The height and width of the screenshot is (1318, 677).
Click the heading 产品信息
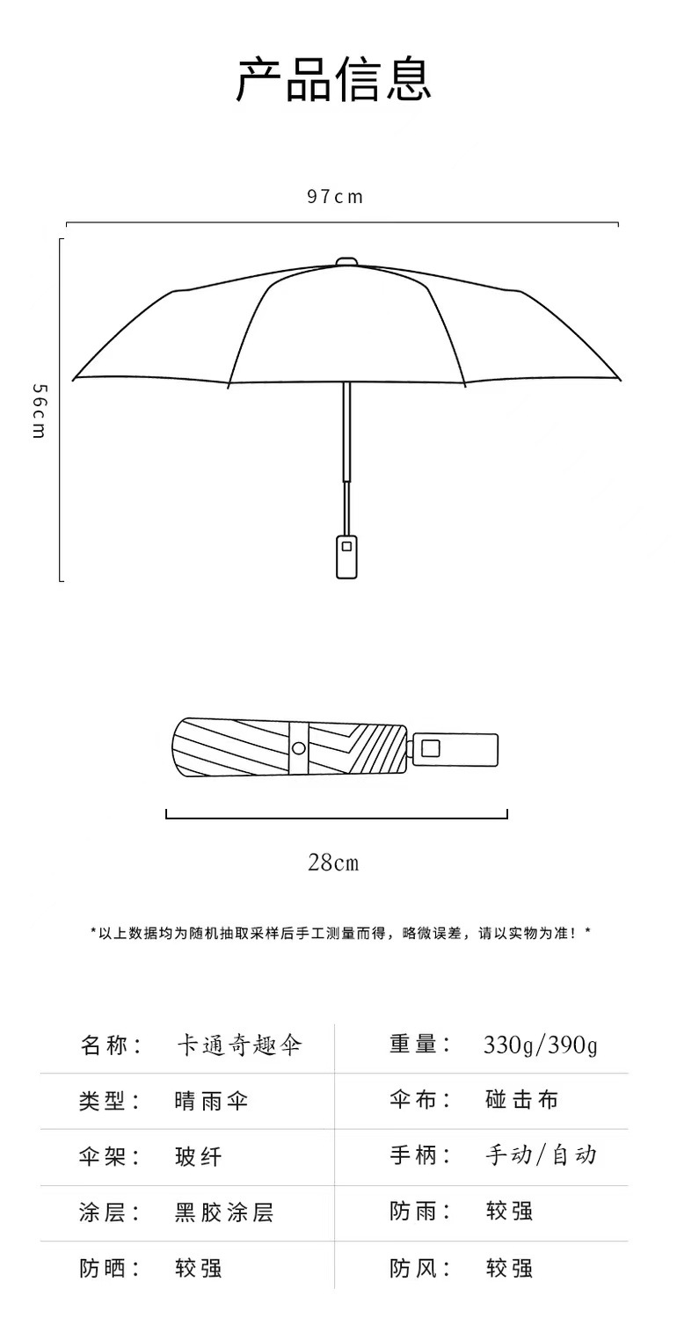pos(334,81)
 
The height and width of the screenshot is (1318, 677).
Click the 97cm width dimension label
pos(335,197)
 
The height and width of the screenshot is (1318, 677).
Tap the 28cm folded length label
pos(333,863)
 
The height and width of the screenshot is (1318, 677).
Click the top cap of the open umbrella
pos(347,261)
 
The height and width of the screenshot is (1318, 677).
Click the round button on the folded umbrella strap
pos(298,749)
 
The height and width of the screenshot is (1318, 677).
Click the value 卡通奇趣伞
pos(238,1045)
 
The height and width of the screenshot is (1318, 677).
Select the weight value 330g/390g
pos(540,1045)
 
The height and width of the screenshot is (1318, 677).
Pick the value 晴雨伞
pos(211,1101)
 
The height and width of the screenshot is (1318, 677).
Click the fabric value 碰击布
pos(521,1101)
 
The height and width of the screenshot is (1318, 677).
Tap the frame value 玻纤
pos(199,1156)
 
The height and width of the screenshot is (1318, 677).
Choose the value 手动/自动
pos(540,1155)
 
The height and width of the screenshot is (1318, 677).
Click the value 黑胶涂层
pos(224,1212)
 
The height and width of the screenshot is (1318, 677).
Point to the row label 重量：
pos(421,1045)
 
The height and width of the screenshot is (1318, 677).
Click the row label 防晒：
pos(111,1268)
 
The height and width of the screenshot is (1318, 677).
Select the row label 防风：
pos(421,1268)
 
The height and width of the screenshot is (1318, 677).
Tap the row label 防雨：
pos(421,1212)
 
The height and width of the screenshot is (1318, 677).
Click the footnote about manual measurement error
pos(340,933)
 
